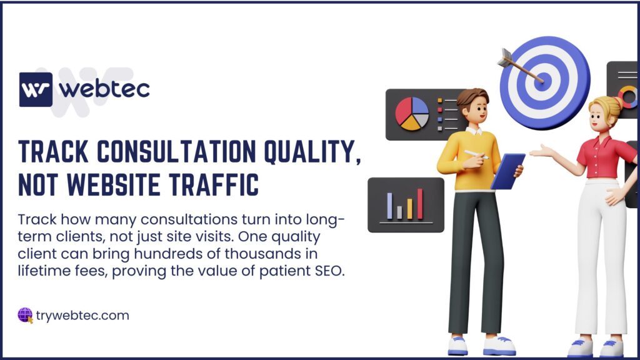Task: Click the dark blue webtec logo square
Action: pyautogui.click(x=36, y=89)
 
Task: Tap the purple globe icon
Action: pyautogui.click(x=25, y=315)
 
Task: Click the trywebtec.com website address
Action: pyautogui.click(x=82, y=316)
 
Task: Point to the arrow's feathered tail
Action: pyautogui.click(x=504, y=57)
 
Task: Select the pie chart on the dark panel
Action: pyautogui.click(x=412, y=114)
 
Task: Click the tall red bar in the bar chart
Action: pyautogui.click(x=419, y=204)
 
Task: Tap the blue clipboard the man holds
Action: pyautogui.click(x=507, y=171)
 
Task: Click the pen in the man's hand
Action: pyautogui.click(x=476, y=155)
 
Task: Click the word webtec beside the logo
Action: pyautogui.click(x=104, y=89)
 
